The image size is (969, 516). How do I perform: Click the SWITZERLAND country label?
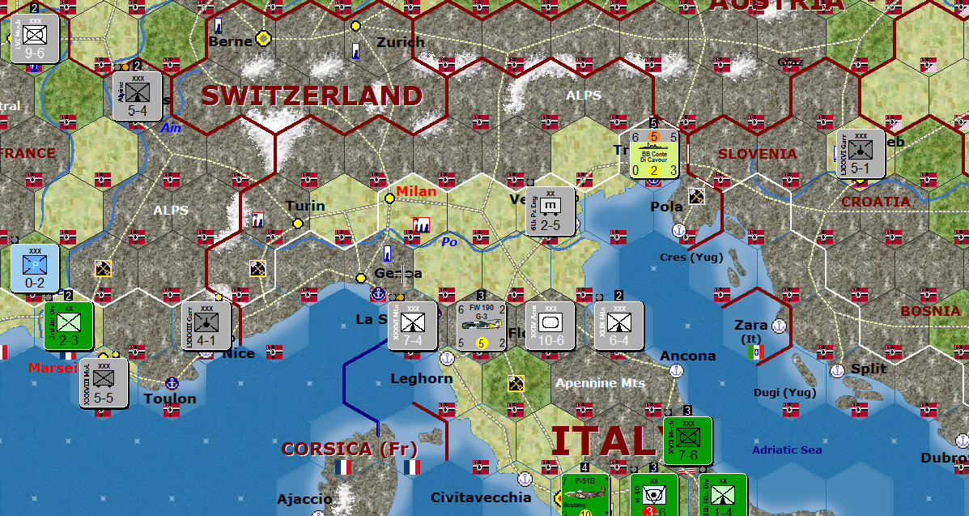312,96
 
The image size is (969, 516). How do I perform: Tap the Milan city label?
416,191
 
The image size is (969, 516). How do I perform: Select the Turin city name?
305,206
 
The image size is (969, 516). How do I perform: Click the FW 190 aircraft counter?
481,326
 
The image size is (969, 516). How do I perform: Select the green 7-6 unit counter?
687,441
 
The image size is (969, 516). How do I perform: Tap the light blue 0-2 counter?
35,267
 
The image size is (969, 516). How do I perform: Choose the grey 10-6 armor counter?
550,326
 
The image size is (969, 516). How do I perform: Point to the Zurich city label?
400,42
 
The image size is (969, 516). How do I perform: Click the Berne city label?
230,41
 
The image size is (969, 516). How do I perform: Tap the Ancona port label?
688,356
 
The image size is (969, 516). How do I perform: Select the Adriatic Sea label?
787,450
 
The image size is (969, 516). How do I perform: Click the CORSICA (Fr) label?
349,449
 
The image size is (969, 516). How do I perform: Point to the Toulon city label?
170,399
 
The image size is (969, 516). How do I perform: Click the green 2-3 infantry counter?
68,326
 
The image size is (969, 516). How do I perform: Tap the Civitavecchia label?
481,497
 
